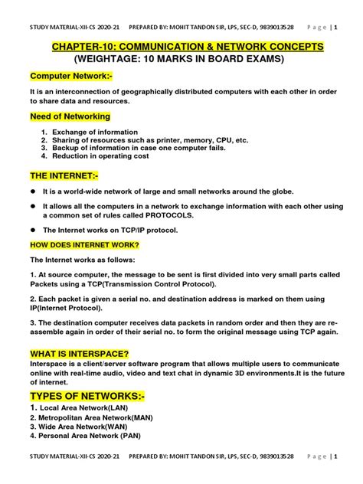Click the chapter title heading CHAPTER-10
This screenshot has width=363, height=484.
click(x=187, y=47)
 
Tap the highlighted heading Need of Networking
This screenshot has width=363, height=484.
click(x=70, y=116)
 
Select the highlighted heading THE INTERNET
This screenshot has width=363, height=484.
click(x=64, y=176)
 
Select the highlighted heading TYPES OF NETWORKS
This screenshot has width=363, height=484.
click(x=87, y=395)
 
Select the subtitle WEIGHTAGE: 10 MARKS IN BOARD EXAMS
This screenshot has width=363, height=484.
click(x=187, y=59)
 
